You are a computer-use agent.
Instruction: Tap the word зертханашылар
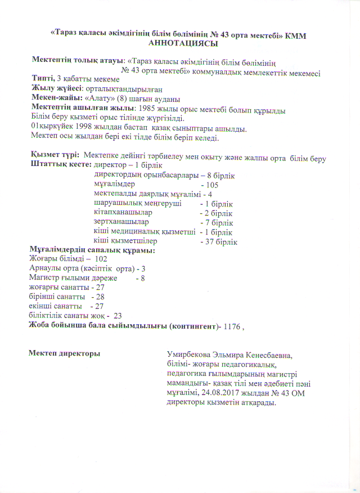tap(117, 222)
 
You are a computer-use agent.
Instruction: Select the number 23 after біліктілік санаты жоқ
tap(118, 316)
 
